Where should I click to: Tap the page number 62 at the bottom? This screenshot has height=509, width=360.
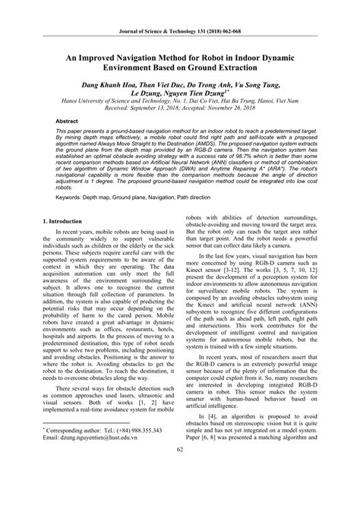[181, 495]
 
